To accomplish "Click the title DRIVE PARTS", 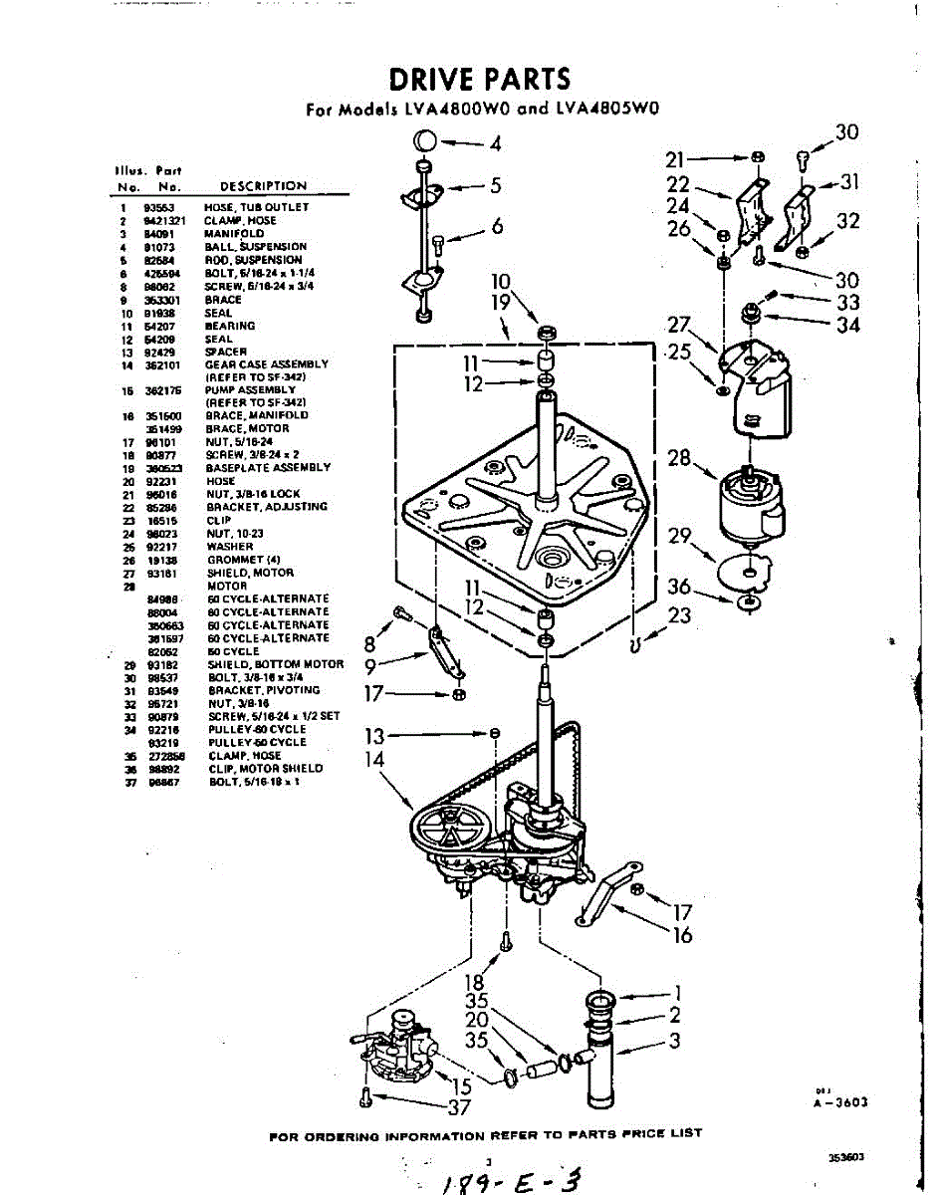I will click(479, 79).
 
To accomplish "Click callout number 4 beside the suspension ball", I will click(495, 143).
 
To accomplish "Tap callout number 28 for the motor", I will click(680, 458).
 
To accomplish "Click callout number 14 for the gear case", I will click(375, 760).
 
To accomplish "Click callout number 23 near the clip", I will click(680, 616).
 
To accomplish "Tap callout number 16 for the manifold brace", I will click(682, 935).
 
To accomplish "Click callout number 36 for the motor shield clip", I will click(679, 587).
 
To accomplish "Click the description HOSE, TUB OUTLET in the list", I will click(257, 207).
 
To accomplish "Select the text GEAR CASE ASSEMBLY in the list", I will click(266, 364).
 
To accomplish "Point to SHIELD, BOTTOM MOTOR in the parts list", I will click(275, 664).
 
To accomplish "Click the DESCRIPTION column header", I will click(263, 186).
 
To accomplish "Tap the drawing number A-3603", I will click(841, 1102).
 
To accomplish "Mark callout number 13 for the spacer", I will click(374, 737).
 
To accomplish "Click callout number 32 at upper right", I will click(848, 221).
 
